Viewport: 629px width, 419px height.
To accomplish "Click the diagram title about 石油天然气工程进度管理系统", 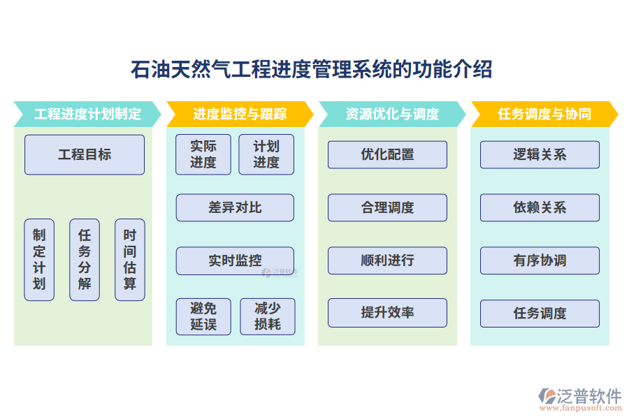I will coord(312,70).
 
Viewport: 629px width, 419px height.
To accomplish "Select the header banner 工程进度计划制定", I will coord(87,114).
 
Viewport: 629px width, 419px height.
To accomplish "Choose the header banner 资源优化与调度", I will coord(391,114).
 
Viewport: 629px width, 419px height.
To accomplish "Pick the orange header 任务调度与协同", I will coord(544,114).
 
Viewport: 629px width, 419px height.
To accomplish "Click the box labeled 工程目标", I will coord(85,154).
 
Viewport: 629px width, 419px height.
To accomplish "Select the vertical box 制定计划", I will coord(39,260).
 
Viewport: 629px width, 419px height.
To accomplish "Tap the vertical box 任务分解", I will coord(85,260).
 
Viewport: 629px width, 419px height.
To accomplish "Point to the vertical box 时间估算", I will coord(130,260).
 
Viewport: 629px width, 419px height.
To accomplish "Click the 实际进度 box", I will coord(203,154).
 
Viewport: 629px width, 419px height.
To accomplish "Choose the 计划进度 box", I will coord(266,154).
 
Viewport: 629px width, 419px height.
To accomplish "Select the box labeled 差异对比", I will coord(235,207).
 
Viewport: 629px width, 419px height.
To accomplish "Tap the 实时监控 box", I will coord(235,260).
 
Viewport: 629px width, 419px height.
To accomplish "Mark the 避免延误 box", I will coord(203,316).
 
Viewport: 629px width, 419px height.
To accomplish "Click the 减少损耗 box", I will coord(268,316).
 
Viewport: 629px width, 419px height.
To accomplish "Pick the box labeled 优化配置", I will coord(387,154).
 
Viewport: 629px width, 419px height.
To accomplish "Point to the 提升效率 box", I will coord(387,313).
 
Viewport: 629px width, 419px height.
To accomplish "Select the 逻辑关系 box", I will coord(540,154).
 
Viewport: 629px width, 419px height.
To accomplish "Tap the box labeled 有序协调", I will coord(540,260).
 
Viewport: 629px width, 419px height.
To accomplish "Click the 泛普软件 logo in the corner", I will coord(580,398).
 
